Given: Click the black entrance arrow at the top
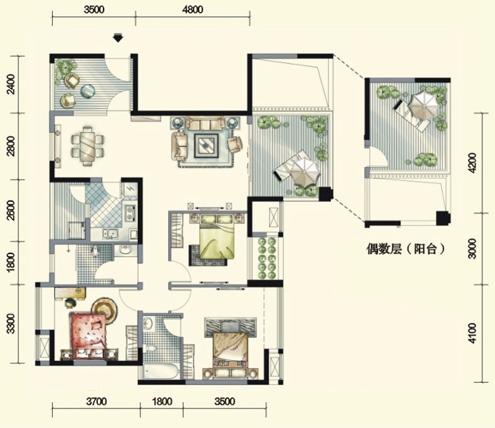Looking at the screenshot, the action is (x=118, y=38).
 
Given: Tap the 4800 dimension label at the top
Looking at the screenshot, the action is (x=193, y=9).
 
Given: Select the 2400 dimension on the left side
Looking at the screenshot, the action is (x=11, y=84).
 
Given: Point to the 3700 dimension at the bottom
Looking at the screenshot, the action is (x=96, y=402).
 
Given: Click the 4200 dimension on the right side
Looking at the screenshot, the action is (x=472, y=163).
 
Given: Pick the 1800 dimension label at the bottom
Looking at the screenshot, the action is (x=162, y=402).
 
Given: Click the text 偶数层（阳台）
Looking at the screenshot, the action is (x=406, y=249).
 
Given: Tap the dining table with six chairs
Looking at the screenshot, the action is (x=87, y=146).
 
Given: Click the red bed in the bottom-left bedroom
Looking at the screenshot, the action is (x=89, y=336).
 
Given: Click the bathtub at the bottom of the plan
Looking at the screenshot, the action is (x=161, y=371).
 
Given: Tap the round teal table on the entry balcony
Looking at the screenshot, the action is (x=88, y=91).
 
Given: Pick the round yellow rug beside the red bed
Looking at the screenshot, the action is (x=104, y=310).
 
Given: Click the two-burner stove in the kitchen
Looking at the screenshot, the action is (x=131, y=212).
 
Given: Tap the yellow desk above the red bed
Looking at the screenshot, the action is (x=70, y=292).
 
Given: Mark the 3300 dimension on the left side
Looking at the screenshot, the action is (x=11, y=324).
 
